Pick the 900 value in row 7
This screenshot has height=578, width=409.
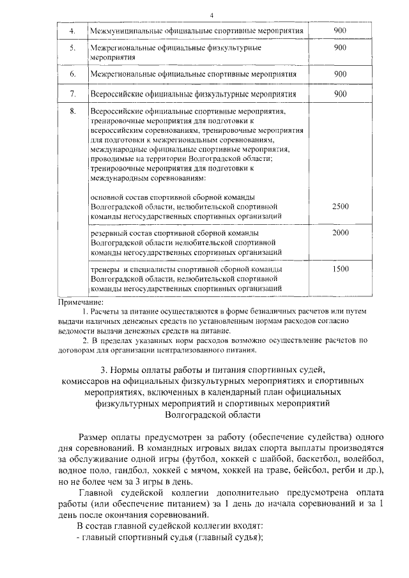(x=340, y=94)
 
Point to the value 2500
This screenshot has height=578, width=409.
(x=340, y=206)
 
